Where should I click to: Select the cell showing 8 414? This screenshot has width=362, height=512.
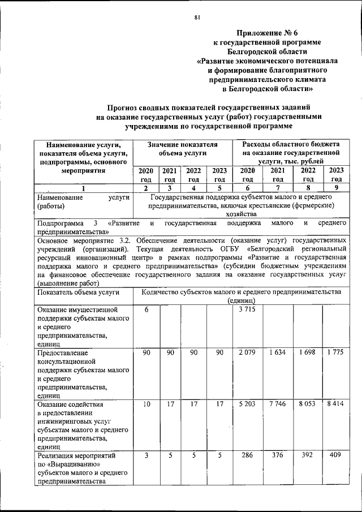click(335, 405)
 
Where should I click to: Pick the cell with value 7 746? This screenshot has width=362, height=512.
click(278, 405)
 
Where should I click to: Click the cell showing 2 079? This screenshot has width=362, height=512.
click(248, 353)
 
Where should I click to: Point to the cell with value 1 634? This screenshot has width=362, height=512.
click(278, 353)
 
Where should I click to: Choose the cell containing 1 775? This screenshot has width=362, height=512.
click(335, 353)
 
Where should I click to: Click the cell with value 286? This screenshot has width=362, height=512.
click(248, 454)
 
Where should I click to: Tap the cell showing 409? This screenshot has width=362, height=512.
click(335, 454)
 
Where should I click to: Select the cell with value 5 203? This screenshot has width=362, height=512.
click(248, 405)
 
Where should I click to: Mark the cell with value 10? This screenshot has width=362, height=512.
click(146, 405)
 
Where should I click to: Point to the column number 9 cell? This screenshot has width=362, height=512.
click(335, 188)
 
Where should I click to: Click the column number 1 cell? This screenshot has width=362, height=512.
click(84, 188)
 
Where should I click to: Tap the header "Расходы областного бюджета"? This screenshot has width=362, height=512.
click(291, 145)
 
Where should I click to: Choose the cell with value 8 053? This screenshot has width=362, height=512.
click(307, 405)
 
